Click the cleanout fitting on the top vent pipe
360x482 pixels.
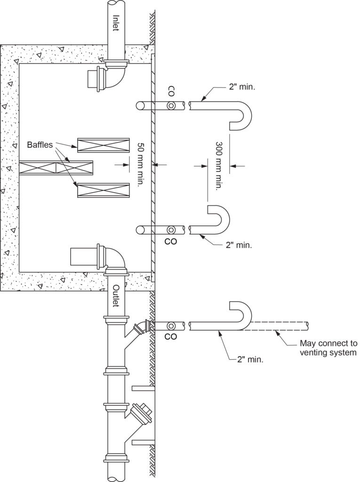[x=172, y=106]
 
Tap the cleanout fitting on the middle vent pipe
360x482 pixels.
[x=172, y=230]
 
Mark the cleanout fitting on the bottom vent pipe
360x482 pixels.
[x=172, y=325]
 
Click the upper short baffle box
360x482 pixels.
[x=103, y=145]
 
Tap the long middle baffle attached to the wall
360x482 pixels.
[x=56, y=168]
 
